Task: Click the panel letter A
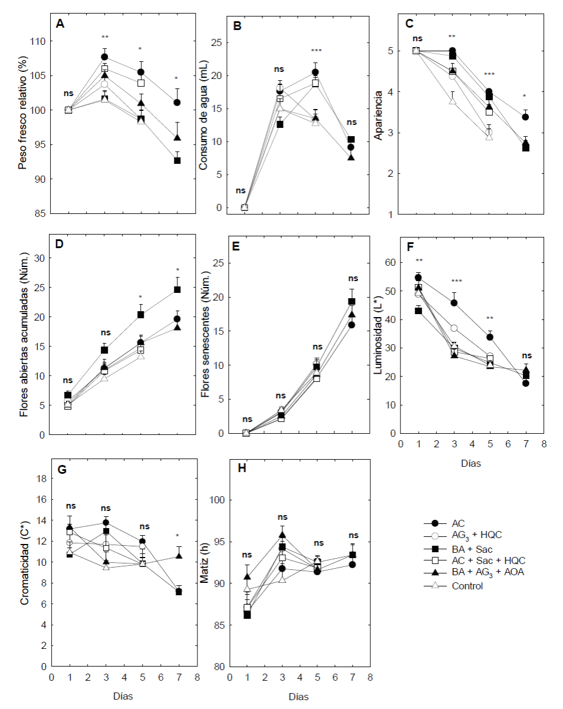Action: coord(60,24)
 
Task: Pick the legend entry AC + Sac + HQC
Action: coord(488,560)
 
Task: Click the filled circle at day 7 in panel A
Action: coord(177,103)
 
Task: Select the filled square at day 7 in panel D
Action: coord(177,289)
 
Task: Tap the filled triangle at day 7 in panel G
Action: coord(177,556)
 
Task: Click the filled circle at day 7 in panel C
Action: coord(525,117)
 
